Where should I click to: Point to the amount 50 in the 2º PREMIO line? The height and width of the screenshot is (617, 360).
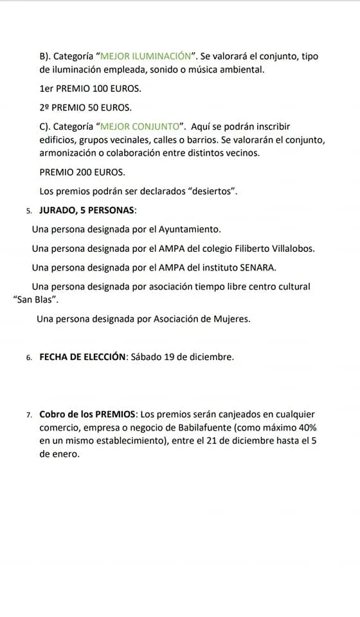97,107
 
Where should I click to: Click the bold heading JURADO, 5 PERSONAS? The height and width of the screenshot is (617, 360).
87,210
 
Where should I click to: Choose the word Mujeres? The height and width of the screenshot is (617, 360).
230,318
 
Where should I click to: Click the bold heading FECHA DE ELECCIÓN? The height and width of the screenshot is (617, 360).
82,357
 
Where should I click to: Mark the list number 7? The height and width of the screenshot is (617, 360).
29,415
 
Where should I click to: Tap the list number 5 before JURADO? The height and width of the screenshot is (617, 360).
29,211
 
